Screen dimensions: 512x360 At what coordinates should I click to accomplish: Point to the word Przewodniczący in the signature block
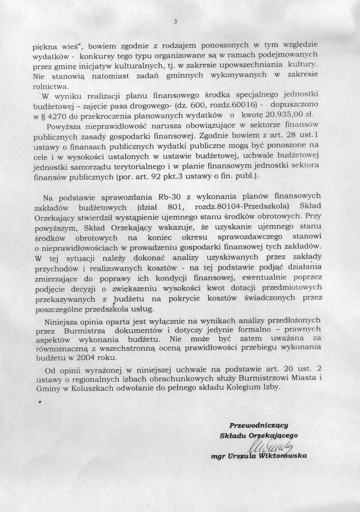click(259, 425)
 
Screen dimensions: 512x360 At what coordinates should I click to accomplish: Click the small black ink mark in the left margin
click(39, 402)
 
